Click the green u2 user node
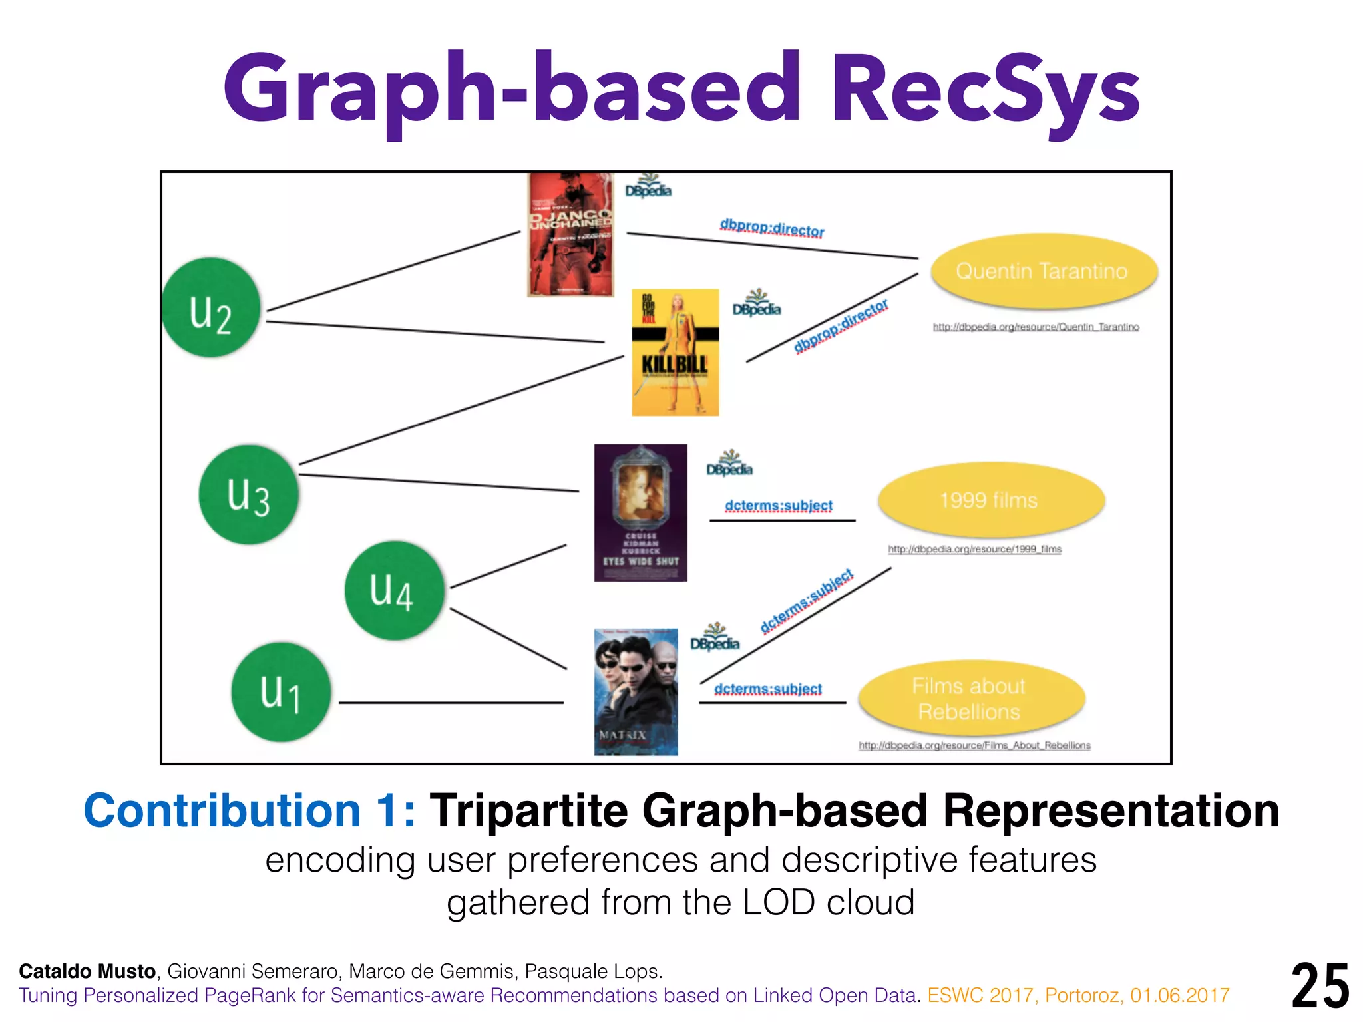pos(211,307)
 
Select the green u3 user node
pos(248,494)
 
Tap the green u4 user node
pos(394,591)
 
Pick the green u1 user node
pos(281,692)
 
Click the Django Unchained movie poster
pos(570,234)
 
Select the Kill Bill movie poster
pos(675,352)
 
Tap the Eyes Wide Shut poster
pos(640,512)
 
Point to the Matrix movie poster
pos(636,691)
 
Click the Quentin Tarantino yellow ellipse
pos(1043,271)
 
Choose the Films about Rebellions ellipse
pos(970,699)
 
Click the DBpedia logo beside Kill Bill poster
pos(757,304)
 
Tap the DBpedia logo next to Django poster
pos(648,186)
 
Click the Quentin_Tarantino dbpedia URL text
pos(1036,327)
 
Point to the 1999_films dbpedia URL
pos(974,549)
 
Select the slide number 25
pos(1320,986)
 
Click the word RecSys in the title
pos(984,90)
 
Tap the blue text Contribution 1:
pos(249,811)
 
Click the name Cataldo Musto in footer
pos(87,971)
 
